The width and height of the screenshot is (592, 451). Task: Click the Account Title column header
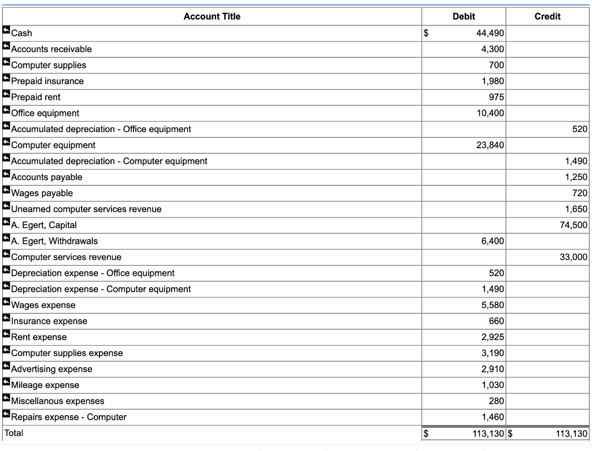[x=212, y=16]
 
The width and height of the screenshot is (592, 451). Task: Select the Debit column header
[x=464, y=16]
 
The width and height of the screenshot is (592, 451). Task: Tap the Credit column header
[x=547, y=16]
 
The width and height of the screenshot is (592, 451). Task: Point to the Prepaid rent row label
[x=36, y=97]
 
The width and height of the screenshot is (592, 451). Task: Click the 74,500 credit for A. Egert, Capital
[x=573, y=225]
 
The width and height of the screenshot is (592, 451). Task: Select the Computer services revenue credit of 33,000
[x=573, y=257]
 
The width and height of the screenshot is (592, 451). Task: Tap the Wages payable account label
[x=42, y=193]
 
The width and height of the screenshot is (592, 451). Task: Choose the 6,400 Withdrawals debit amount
[x=493, y=241]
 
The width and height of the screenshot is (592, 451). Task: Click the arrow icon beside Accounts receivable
[x=6, y=49]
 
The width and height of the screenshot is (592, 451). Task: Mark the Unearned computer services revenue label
[x=86, y=209]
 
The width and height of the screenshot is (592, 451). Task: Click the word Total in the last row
[x=14, y=433]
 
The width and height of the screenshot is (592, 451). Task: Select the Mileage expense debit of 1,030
[x=493, y=385]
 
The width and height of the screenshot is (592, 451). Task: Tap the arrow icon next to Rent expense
[x=6, y=336]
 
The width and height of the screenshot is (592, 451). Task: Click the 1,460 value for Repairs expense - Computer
[x=493, y=417]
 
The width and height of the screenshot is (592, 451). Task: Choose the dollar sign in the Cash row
[x=427, y=33]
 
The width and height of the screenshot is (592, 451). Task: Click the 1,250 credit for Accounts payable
[x=576, y=177]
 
